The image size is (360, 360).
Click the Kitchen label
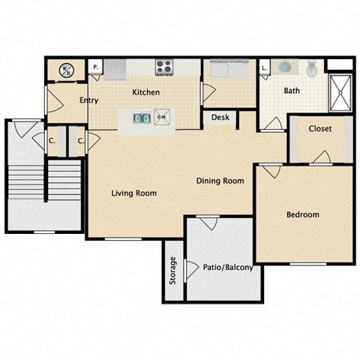145,92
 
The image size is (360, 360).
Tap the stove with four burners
164,67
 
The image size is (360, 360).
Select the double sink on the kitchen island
141,117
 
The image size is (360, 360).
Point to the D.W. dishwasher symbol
161,117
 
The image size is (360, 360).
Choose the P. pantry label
95,67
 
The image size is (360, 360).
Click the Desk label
220,117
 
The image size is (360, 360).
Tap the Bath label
292,91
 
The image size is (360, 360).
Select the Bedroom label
303,214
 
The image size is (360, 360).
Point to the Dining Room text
220,181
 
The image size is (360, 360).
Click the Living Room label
133,193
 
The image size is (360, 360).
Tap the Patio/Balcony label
228,267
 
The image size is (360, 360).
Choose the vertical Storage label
172,270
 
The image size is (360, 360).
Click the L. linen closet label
264,67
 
